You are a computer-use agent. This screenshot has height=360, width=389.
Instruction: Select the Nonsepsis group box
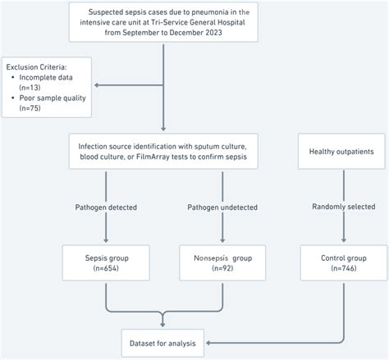click(x=219, y=263)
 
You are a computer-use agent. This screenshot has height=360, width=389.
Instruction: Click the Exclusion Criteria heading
click(x=39, y=65)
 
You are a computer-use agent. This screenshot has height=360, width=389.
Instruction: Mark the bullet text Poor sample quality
click(x=56, y=98)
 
